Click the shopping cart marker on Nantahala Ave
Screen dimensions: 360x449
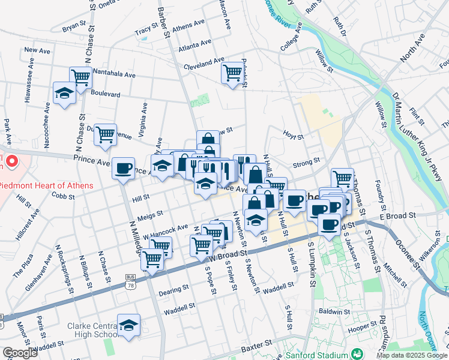tap(80, 76)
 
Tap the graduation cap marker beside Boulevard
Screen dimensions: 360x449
tap(64, 93)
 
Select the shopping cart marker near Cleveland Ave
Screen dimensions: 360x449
tap(232, 73)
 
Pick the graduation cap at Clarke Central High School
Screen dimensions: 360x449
tap(128, 325)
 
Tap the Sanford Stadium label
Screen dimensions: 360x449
tap(317, 353)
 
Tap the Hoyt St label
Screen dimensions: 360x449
tap(294, 136)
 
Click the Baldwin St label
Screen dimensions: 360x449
tap(335, 312)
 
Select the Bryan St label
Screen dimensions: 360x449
tap(74, 27)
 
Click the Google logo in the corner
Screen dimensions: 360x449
tap(20, 353)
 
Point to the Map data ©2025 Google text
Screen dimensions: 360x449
tap(411, 355)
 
